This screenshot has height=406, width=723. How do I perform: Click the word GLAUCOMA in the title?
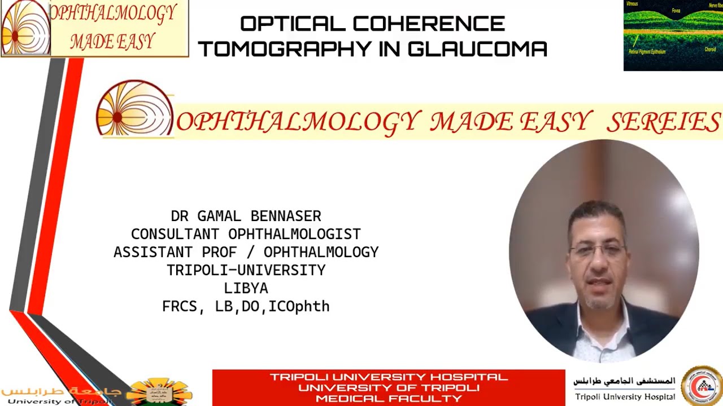tap(477, 48)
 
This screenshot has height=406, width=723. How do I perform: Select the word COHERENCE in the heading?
tap(429, 24)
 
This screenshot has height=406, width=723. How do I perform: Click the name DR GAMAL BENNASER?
tap(246, 216)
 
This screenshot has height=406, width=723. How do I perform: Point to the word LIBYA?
tap(246, 288)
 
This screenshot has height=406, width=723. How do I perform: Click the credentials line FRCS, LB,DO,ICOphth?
tap(246, 306)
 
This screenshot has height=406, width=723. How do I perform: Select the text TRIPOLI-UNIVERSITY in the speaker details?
tap(246, 270)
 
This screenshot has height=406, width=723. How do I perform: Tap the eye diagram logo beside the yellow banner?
tap(134, 109)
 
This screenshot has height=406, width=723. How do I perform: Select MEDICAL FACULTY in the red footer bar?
tap(389, 398)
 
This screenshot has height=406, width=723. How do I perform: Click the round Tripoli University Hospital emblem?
tap(702, 386)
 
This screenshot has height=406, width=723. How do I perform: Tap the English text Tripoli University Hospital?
tap(625, 396)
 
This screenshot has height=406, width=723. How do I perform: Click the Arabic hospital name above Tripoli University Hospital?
tap(624, 381)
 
